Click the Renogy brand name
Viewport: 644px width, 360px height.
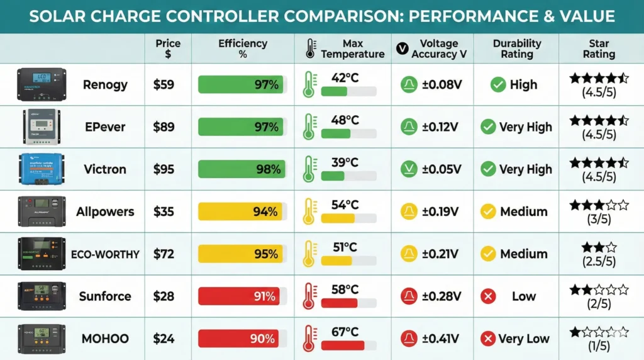coord(104,84)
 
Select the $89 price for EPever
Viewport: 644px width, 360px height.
coord(164,127)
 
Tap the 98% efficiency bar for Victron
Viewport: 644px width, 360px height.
coord(241,169)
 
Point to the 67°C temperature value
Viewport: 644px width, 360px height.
coord(345,331)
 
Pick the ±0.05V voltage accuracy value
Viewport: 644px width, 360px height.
coord(441,169)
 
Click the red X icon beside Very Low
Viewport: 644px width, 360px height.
coord(487,339)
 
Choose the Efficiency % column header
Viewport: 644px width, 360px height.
coord(243,48)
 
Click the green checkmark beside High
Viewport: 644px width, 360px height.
coord(498,84)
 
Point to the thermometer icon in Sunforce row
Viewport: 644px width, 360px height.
coord(309,296)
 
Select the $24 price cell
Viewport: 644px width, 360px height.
coord(164,339)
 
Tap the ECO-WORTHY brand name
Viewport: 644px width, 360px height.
coord(106,254)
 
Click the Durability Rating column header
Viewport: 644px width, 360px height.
coord(516,48)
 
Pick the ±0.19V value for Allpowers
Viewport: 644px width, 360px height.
coord(441,211)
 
